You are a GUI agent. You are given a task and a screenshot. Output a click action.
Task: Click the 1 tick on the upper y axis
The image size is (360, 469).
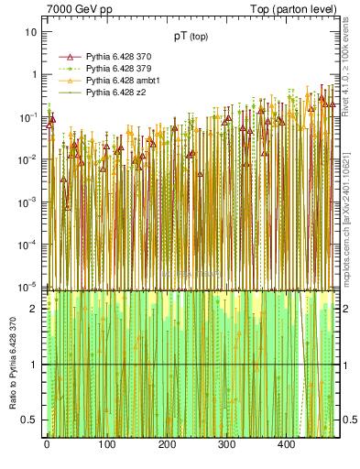(34, 74)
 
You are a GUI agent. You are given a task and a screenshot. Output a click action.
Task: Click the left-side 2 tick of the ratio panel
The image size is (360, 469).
(34, 309)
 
